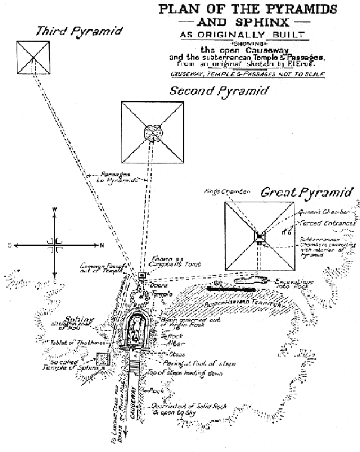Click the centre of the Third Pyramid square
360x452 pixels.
[33, 58]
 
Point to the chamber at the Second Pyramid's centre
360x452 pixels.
[151, 132]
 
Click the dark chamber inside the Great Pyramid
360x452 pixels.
[259, 236]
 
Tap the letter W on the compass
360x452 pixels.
[55, 210]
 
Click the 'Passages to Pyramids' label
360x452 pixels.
[117, 176]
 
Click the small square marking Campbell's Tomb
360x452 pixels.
[142, 276]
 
